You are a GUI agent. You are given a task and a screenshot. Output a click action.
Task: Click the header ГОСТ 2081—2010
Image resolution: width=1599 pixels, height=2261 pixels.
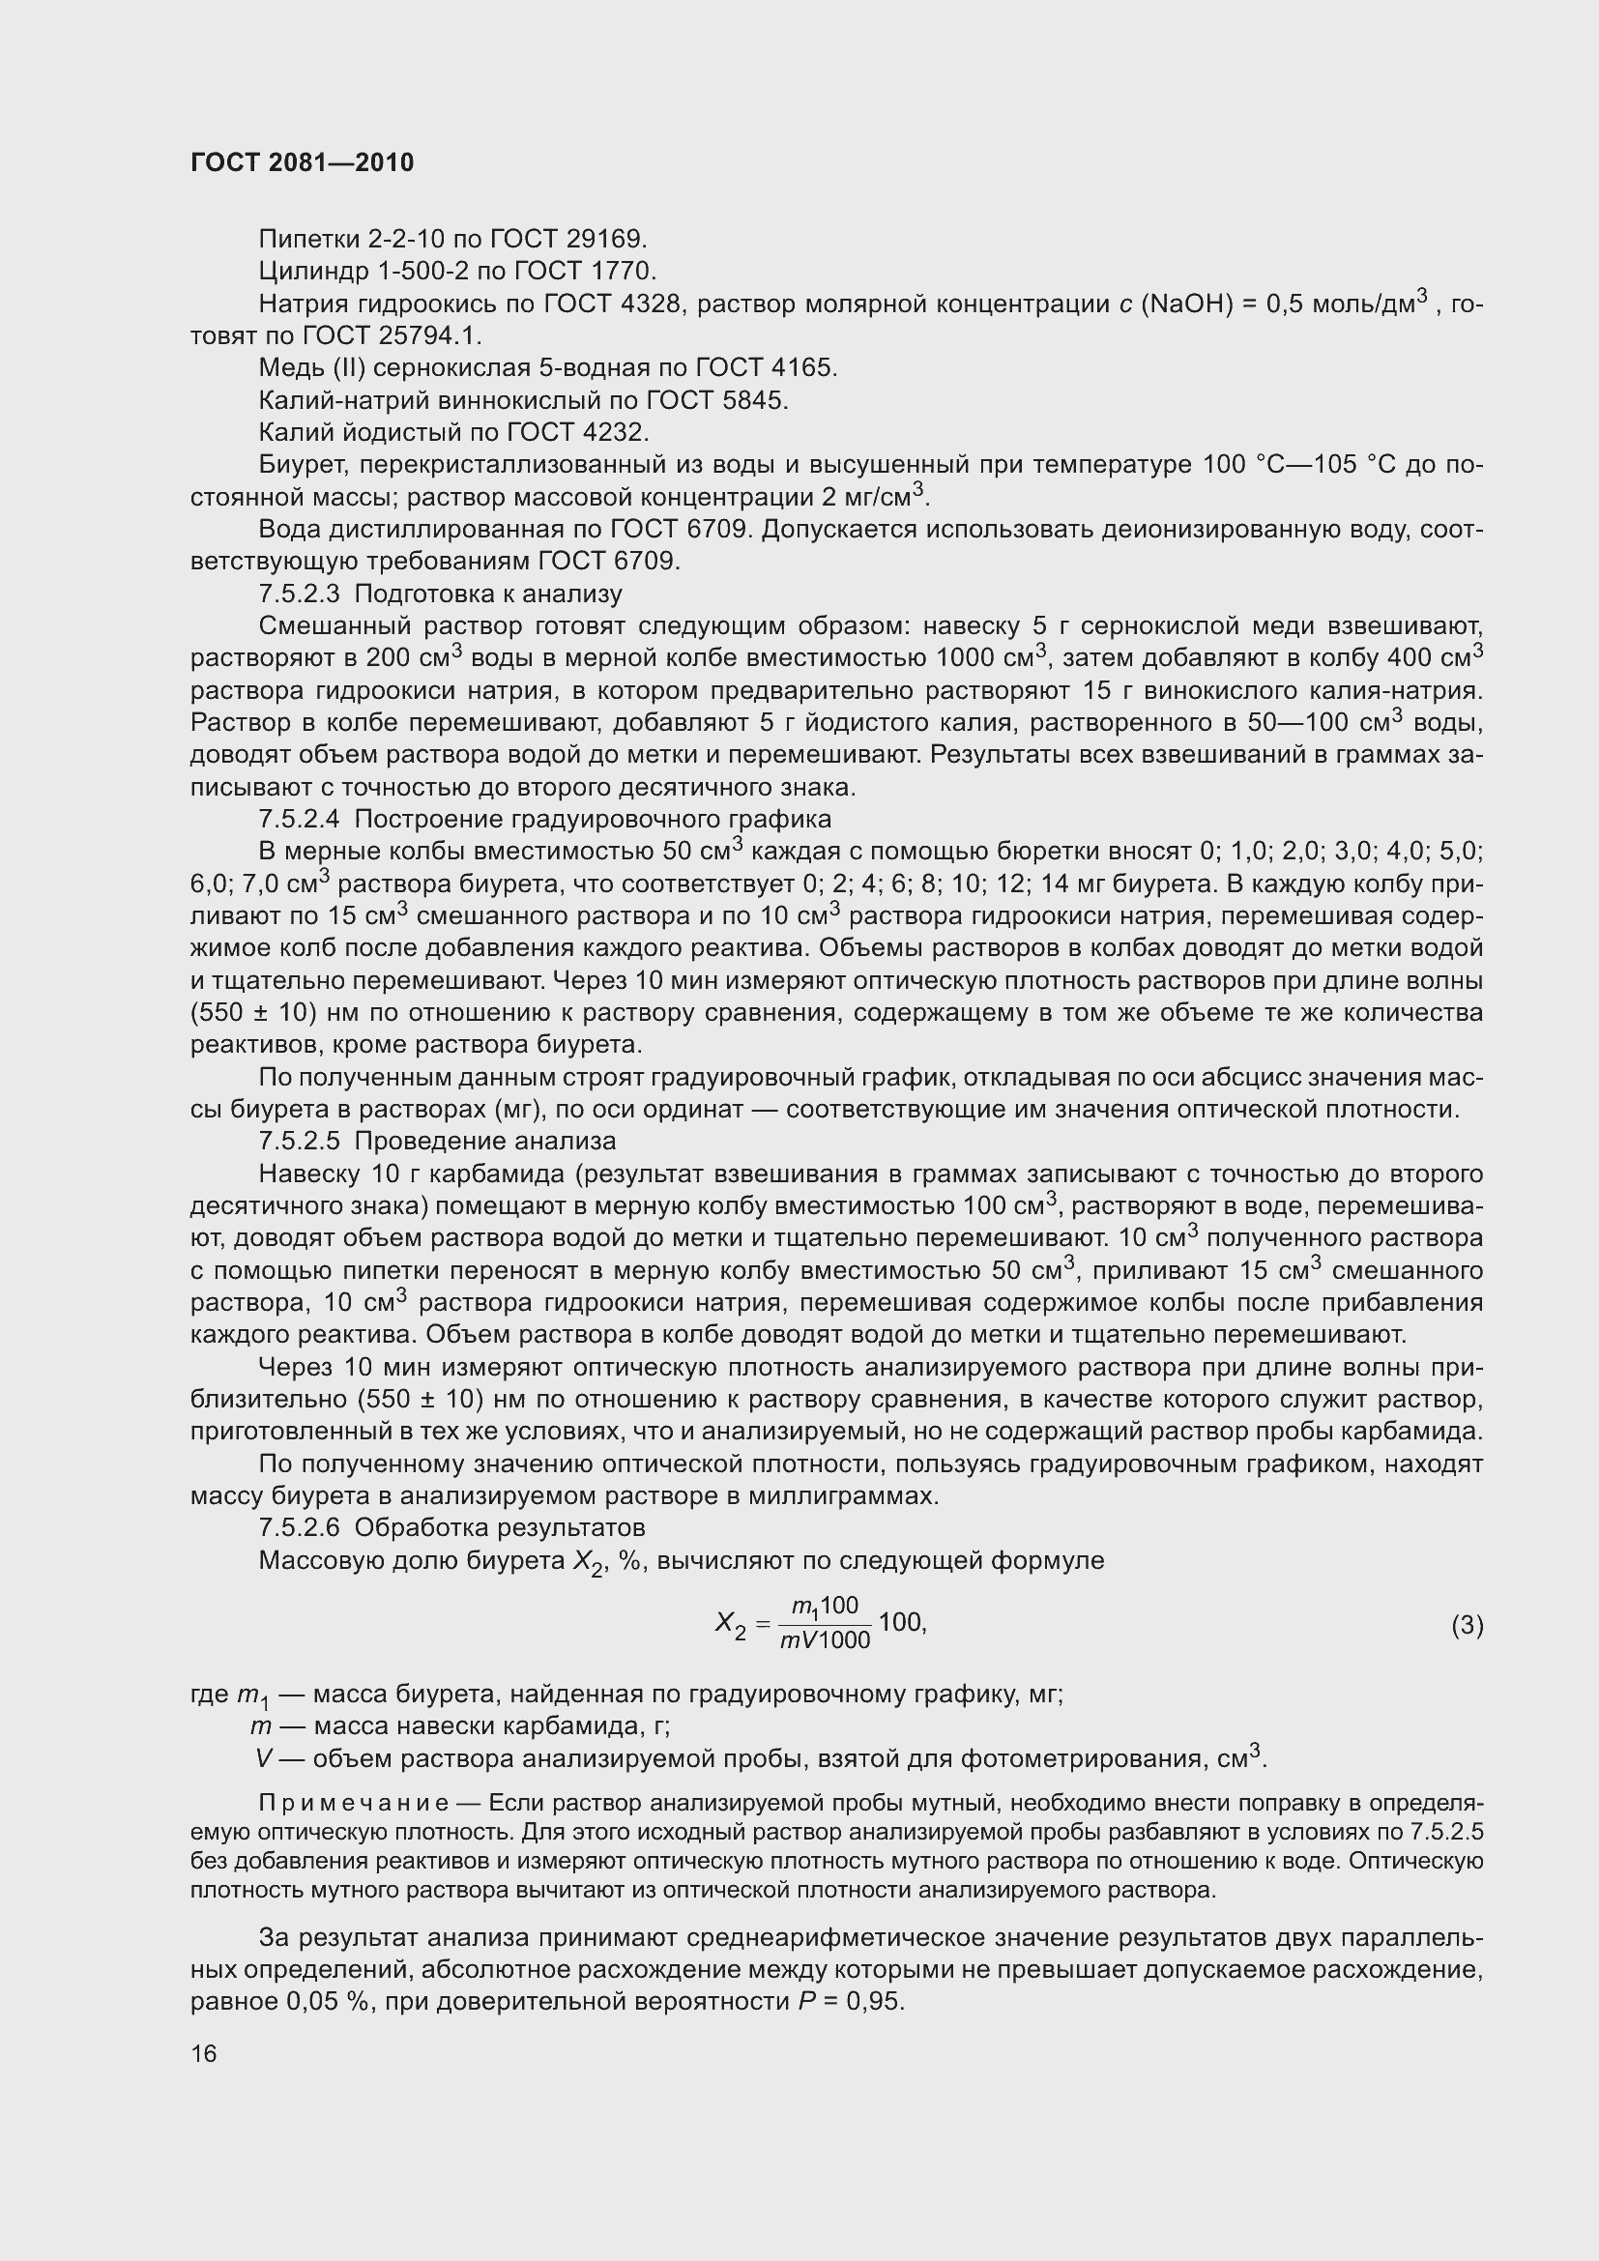302,162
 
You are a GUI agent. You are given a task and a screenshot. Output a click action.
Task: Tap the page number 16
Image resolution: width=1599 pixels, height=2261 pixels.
204,2053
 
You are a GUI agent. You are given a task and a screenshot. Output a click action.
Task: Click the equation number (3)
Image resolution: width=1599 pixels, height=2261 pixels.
1467,1625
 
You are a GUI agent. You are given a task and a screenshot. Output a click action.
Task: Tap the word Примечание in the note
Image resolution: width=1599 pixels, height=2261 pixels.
354,1803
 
